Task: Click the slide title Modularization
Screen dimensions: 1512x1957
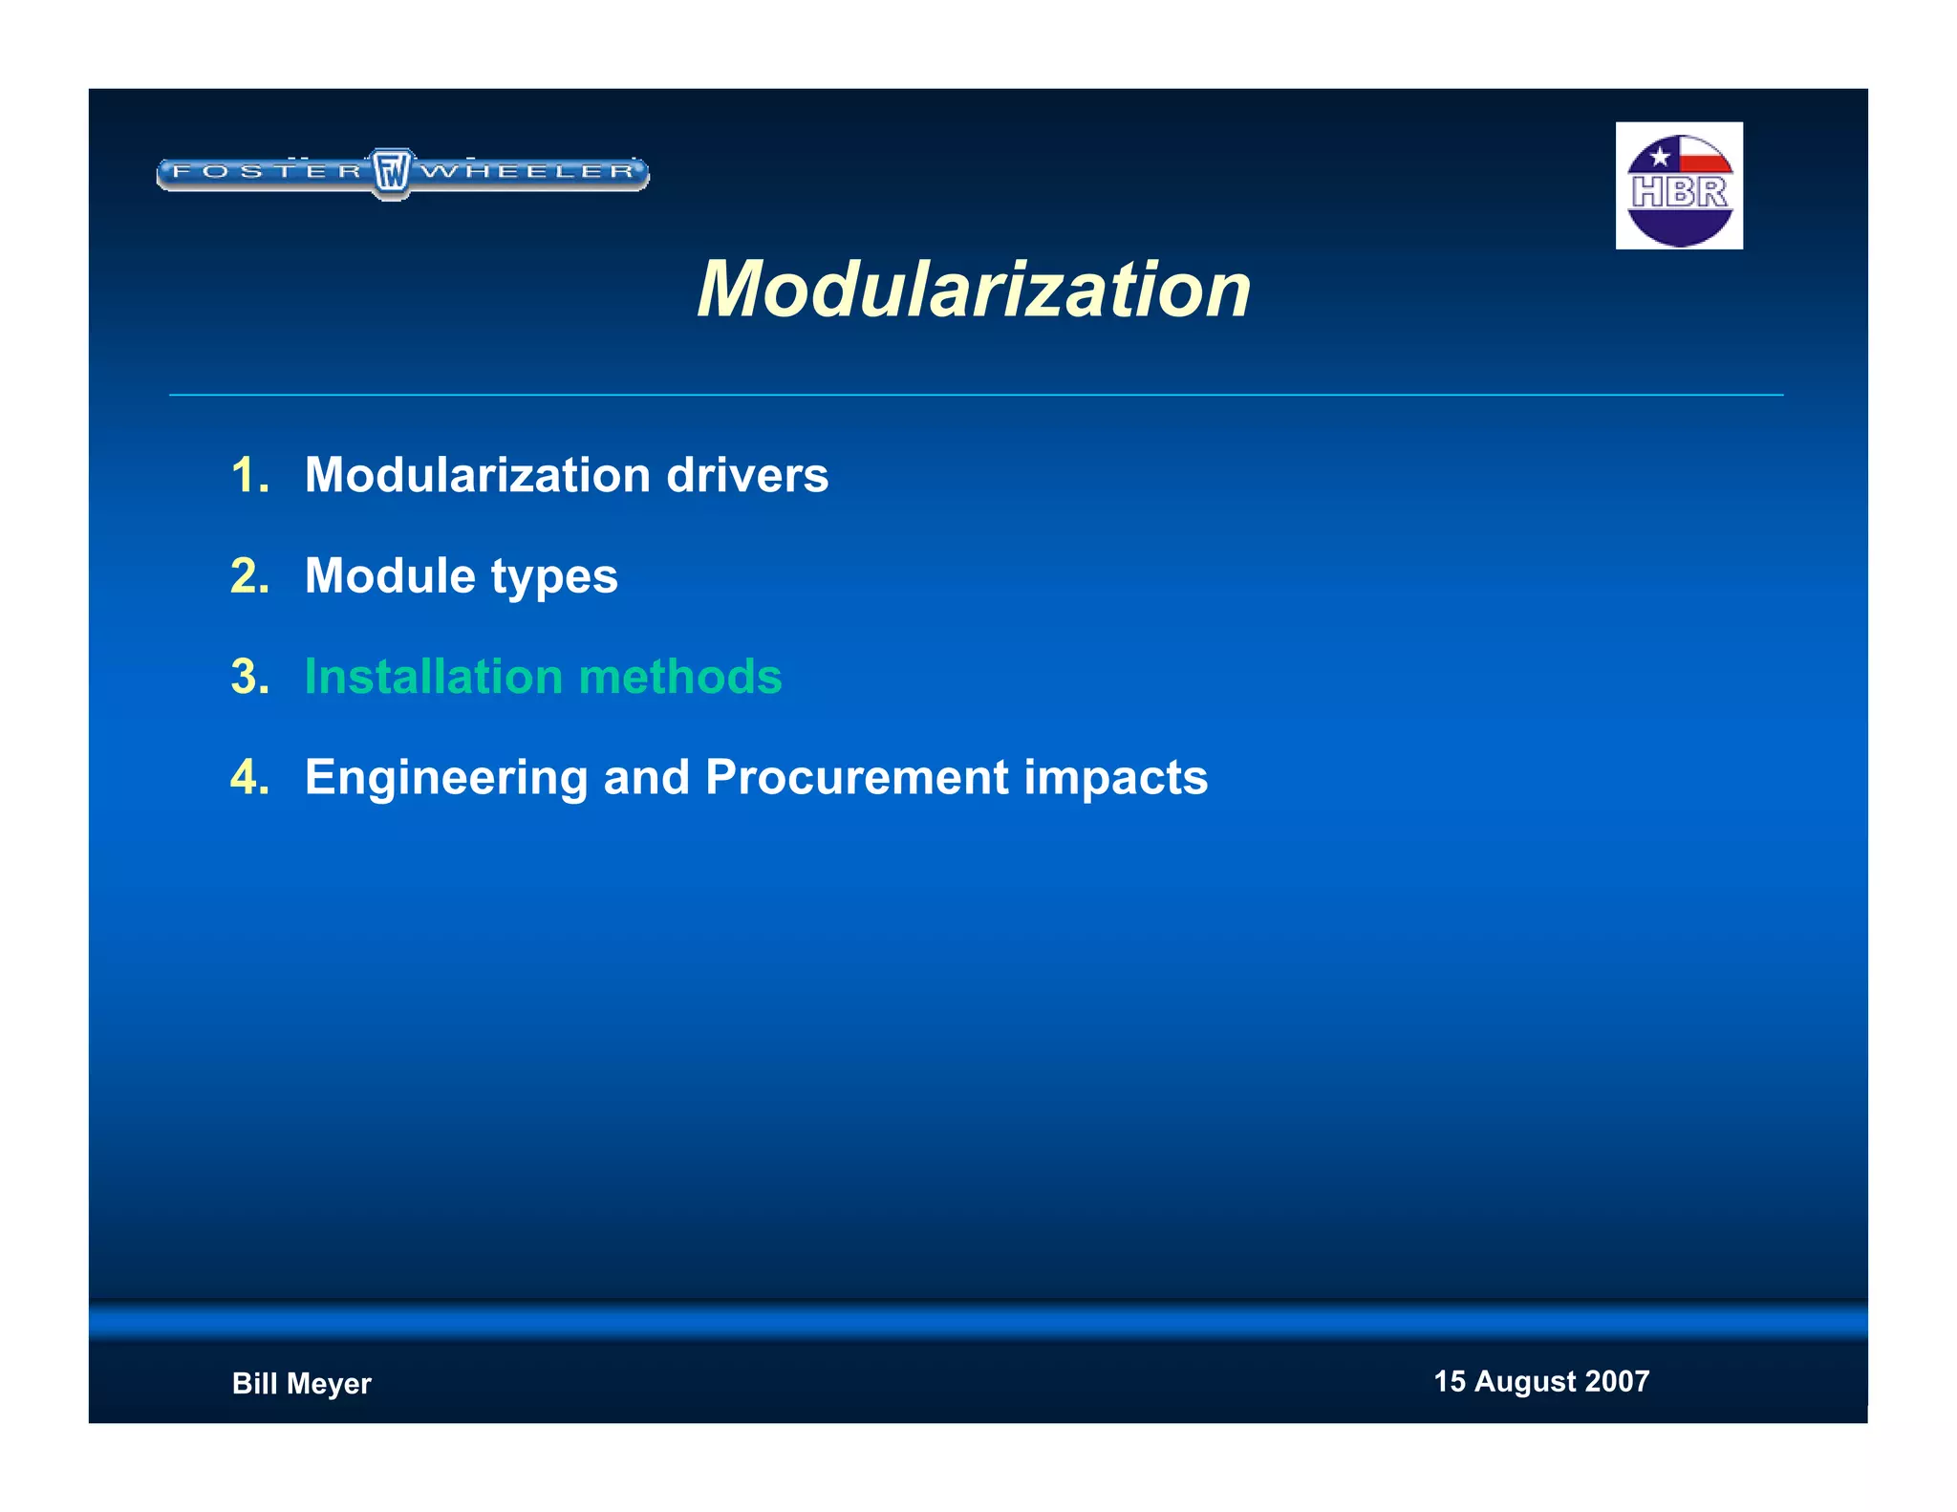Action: click(x=974, y=290)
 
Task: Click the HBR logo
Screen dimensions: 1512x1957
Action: click(x=1679, y=186)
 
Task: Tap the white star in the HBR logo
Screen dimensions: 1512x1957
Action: click(x=1660, y=156)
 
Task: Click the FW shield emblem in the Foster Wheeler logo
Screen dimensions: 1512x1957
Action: click(x=391, y=173)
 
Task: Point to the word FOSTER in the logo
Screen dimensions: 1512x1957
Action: click(x=267, y=172)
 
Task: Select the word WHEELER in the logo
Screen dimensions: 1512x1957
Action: click(x=528, y=172)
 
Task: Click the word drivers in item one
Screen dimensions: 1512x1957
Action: click(x=747, y=476)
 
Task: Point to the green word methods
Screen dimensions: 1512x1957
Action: click(x=680, y=677)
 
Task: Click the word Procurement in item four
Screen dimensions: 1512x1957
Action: click(x=856, y=777)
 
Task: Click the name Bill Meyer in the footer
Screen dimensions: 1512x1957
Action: click(x=302, y=1384)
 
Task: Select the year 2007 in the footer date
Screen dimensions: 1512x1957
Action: click(x=1617, y=1381)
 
